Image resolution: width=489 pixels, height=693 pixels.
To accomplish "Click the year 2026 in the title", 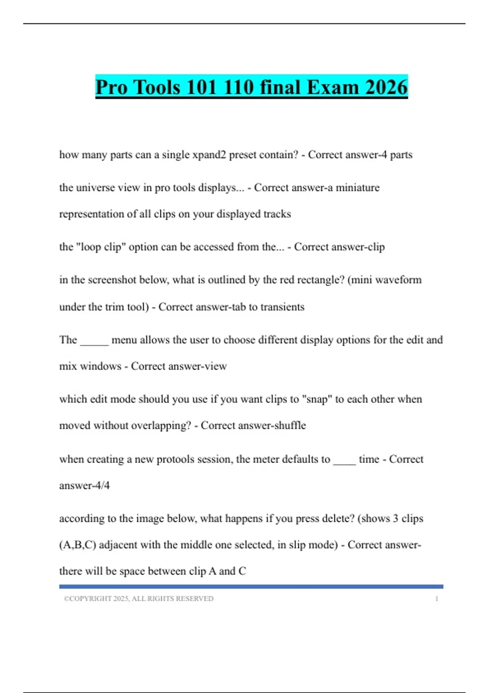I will (386, 87).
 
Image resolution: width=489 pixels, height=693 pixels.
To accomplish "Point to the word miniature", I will (357, 188).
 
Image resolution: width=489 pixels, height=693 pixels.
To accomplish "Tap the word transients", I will (282, 307).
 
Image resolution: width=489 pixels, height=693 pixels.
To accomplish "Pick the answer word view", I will (216, 366).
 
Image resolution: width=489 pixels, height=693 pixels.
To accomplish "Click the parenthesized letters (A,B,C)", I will (77, 545).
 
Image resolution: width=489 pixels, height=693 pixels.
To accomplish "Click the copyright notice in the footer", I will (139, 599).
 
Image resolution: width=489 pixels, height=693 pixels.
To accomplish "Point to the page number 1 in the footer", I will (436, 599).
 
